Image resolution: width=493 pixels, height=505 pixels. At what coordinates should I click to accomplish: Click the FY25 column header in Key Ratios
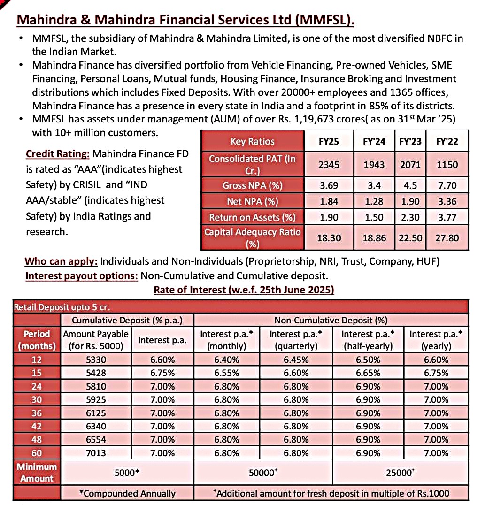pyautogui.click(x=329, y=141)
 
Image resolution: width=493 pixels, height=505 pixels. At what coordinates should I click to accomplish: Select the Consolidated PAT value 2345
pyautogui.click(x=329, y=165)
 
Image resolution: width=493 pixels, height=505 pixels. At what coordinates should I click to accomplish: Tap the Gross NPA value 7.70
pyautogui.click(x=447, y=185)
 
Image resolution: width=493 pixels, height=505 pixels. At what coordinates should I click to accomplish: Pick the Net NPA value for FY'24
pyautogui.click(x=374, y=201)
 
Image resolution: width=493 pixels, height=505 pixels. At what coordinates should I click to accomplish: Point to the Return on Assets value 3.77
pyautogui.click(x=447, y=217)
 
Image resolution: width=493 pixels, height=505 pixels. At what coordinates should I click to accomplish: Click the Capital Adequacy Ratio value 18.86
pyautogui.click(x=374, y=238)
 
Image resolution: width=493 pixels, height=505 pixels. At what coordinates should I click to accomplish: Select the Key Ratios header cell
pyautogui.click(x=253, y=141)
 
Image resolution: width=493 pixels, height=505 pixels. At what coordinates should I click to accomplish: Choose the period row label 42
pyautogui.click(x=37, y=426)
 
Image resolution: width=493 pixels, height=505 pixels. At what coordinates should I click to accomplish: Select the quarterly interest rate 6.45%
pyautogui.click(x=296, y=360)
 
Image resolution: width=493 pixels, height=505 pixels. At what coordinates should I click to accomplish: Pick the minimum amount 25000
pyautogui.click(x=399, y=473)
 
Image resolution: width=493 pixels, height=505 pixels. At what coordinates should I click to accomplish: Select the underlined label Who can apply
pyautogui.click(x=61, y=261)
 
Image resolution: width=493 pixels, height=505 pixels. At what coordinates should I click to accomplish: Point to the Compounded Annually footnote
pyautogui.click(x=127, y=493)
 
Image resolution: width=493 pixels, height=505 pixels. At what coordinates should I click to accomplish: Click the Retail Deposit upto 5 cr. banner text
pyautogui.click(x=62, y=307)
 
